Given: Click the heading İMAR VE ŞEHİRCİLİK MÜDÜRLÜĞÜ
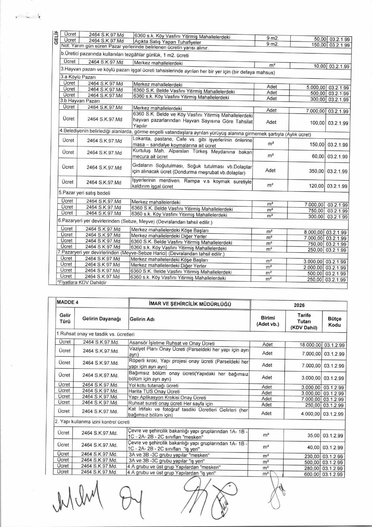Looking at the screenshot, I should (x=190, y=304).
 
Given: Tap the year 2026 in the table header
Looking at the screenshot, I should (x=299, y=305).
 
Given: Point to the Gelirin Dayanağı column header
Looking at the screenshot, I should (x=101, y=319).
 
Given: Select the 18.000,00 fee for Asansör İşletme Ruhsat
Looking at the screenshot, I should (x=310, y=345).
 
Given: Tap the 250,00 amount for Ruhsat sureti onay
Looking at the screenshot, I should (x=313, y=405).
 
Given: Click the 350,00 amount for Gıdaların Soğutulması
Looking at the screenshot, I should (x=316, y=171).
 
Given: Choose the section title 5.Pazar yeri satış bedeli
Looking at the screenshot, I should (x=84, y=193).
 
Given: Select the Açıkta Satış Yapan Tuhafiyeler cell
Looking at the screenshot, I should (x=167, y=42).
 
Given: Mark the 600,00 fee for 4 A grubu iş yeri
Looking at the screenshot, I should (x=312, y=474).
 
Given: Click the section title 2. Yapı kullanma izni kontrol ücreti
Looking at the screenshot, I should (x=92, y=422).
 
